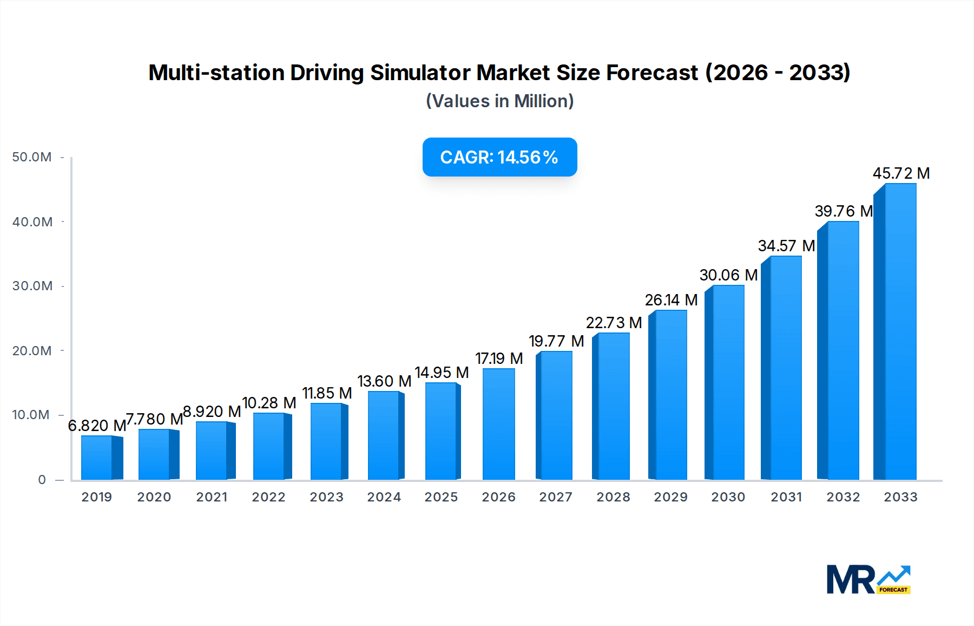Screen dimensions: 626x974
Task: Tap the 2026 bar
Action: (x=498, y=424)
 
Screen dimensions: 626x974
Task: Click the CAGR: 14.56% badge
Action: (x=499, y=157)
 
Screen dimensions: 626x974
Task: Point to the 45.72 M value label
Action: (x=901, y=173)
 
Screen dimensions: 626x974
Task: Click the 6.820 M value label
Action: (x=97, y=426)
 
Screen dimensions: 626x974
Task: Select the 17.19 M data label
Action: (x=499, y=358)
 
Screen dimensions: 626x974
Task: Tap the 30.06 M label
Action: (x=728, y=275)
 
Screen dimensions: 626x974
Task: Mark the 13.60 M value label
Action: (x=384, y=381)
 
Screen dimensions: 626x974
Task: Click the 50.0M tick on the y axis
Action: (x=32, y=157)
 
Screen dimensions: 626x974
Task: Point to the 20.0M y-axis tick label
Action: (x=32, y=351)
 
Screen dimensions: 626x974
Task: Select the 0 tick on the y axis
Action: (x=42, y=480)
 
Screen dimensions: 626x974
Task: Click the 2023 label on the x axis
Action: (x=326, y=497)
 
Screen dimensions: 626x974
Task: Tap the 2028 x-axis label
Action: (x=613, y=497)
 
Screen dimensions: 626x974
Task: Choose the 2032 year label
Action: (x=843, y=497)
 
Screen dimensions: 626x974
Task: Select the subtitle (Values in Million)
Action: (x=499, y=101)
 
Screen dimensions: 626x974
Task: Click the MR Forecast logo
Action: (x=868, y=579)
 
